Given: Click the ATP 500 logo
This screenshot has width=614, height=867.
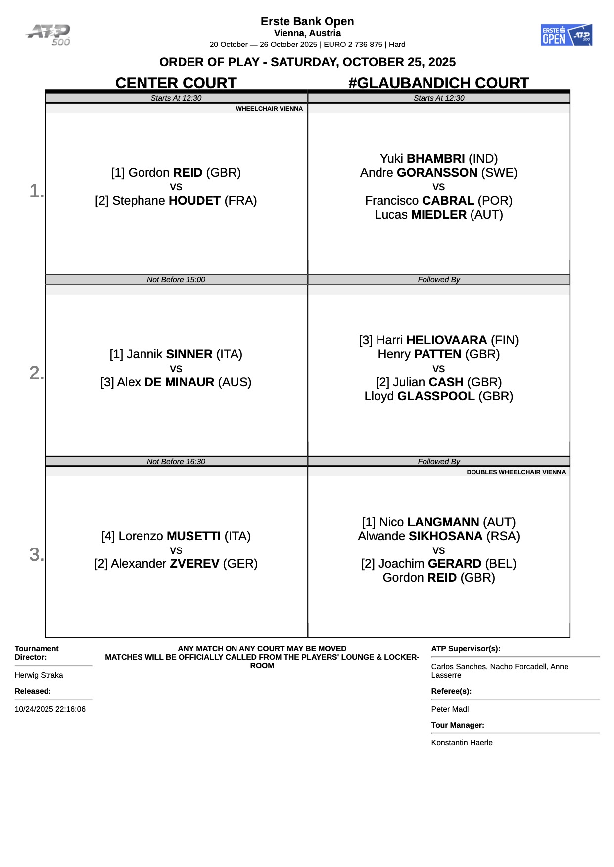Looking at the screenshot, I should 48,35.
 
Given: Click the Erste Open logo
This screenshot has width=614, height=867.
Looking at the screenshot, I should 566,35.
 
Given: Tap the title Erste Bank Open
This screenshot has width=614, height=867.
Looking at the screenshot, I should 307,21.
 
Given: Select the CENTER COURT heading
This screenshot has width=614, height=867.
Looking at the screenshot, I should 176,83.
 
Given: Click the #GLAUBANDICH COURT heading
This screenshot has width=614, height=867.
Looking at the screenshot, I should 438,83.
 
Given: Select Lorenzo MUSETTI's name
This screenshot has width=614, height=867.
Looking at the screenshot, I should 176,536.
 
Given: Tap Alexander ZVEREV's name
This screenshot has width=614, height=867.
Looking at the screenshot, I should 176,564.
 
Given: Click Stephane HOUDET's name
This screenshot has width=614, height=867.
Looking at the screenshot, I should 176,201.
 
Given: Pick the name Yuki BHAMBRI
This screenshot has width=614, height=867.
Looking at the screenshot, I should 438,159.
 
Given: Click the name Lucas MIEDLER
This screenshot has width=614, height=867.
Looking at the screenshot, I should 438,215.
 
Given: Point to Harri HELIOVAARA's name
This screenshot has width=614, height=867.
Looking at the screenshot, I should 438,340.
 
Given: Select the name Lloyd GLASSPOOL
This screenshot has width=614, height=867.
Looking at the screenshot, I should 438,396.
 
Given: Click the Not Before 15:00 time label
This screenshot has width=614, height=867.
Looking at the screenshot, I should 176,280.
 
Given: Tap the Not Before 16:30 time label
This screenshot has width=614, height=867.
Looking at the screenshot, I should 176,462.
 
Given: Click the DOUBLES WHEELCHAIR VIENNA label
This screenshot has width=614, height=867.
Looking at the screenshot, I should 516,472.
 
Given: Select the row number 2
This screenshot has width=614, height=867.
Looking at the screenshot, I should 36,373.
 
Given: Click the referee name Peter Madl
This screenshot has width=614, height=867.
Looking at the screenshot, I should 450,709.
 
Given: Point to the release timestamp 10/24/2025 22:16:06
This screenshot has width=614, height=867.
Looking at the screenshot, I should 50,709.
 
